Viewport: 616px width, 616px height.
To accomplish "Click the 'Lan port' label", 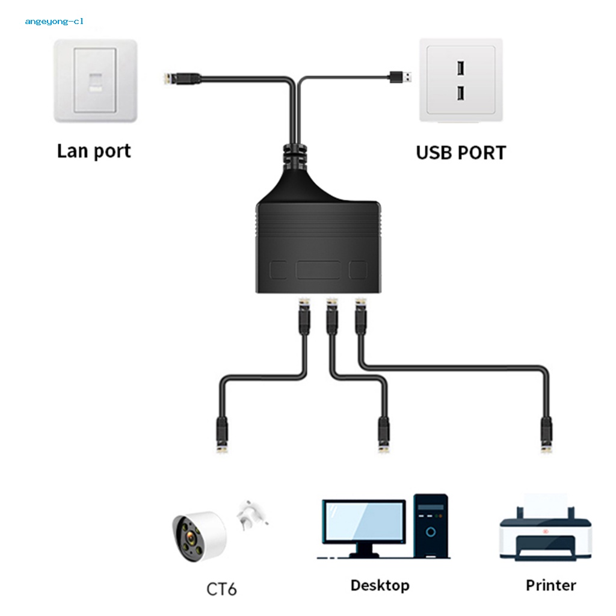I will click(x=93, y=150).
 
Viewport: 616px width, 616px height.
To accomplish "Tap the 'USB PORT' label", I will click(x=461, y=152).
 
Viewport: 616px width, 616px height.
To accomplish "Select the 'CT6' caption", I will click(x=221, y=588).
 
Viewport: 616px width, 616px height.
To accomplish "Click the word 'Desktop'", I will click(x=380, y=585).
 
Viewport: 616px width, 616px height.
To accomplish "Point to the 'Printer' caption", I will click(x=550, y=585).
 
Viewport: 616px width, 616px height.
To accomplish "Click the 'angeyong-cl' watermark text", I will click(x=54, y=22).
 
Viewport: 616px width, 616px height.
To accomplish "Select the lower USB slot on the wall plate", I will click(x=460, y=93).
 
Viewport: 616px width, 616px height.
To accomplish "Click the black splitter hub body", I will click(x=319, y=241).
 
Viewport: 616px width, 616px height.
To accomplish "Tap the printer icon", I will click(x=538, y=529).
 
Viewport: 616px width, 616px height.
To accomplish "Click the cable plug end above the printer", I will click(x=546, y=436).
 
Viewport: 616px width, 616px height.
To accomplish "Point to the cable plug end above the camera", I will click(x=221, y=437).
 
